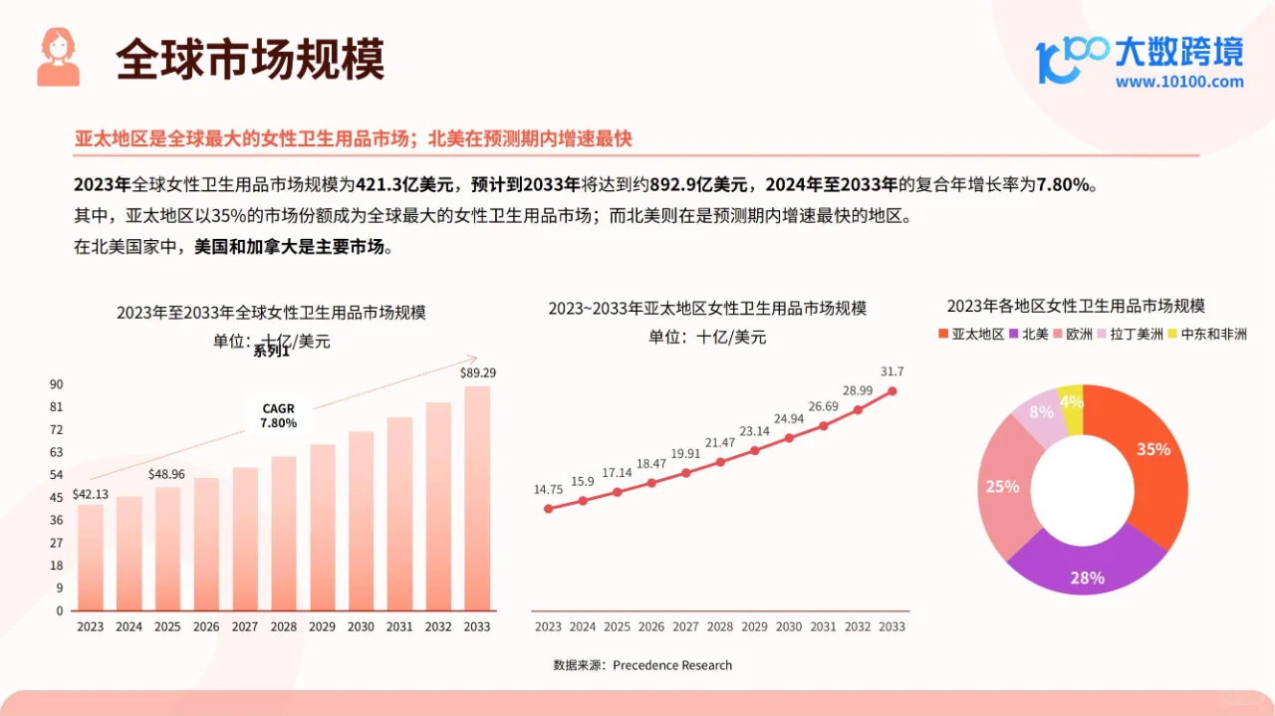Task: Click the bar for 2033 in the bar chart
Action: [477, 498]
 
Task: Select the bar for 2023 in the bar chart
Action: [91, 558]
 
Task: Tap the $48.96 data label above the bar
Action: [167, 474]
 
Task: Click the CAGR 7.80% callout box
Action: [278, 415]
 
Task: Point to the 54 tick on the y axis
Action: [57, 475]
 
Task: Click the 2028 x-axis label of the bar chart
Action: [283, 627]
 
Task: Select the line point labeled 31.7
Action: [892, 391]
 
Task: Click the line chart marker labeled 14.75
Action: [548, 509]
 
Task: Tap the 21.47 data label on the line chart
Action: [720, 442]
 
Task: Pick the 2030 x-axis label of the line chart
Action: [789, 627]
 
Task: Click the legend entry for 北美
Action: [1029, 335]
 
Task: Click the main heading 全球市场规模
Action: [250, 60]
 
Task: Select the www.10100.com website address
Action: [1179, 83]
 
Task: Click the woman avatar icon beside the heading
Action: [58, 57]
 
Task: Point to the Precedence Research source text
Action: [672, 665]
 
